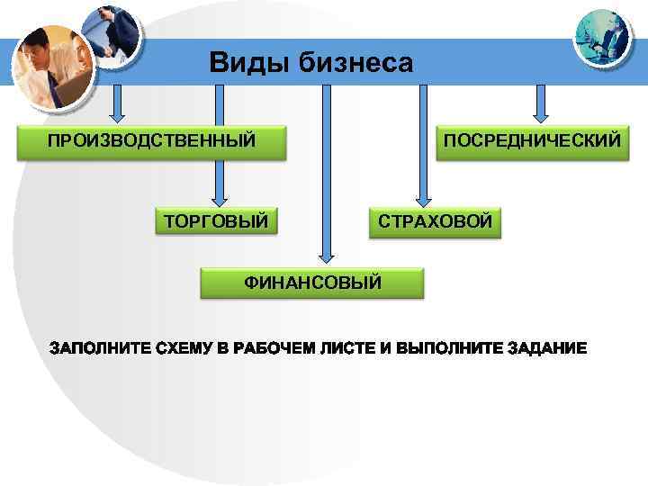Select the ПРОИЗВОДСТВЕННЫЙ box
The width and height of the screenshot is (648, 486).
tap(150, 141)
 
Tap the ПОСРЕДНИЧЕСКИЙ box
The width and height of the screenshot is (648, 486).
tap(531, 141)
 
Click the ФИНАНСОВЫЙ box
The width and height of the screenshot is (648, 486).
tap(312, 283)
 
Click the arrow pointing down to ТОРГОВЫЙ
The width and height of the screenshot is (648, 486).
tap(216, 144)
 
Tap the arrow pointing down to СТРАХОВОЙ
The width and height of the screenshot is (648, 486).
tap(422, 144)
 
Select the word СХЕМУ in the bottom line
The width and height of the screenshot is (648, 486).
tap(183, 347)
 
